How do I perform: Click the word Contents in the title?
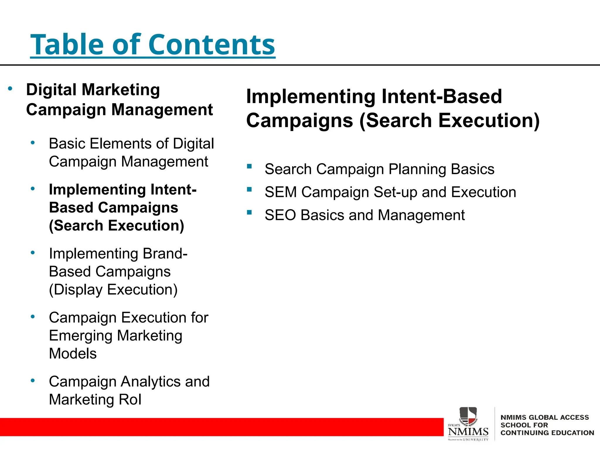point(212,45)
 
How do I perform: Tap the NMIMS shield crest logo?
point(468,415)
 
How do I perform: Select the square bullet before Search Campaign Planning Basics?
point(249,166)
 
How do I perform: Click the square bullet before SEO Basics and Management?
point(249,212)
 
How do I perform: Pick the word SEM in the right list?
point(280,192)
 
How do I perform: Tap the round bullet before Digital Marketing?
point(10,88)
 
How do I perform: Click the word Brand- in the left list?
point(165,254)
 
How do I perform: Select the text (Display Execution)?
point(113,290)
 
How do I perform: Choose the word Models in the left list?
point(73,354)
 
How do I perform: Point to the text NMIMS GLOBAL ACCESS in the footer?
point(544,417)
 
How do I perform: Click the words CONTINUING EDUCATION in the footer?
point(547,433)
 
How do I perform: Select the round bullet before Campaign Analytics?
point(33,381)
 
